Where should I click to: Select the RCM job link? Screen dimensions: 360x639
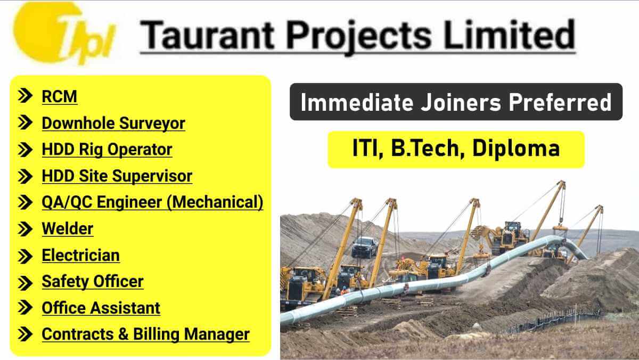59,96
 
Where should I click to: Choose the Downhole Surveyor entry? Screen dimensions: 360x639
113,123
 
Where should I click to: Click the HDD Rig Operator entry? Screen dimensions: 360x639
106,150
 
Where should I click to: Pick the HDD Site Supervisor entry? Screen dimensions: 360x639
117,176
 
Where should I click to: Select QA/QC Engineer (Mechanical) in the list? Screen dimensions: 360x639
152,202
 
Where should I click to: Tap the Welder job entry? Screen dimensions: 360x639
67,228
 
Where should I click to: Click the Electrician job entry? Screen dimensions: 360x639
80,255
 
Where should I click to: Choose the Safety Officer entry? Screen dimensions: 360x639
92,281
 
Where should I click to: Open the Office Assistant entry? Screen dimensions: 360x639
101,308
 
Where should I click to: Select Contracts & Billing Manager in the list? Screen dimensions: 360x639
145,334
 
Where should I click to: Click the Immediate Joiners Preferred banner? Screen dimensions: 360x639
456,102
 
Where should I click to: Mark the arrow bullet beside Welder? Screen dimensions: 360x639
24,229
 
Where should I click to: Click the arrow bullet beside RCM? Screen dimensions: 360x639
24,96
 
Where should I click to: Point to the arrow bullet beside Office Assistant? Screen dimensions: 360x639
24,308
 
